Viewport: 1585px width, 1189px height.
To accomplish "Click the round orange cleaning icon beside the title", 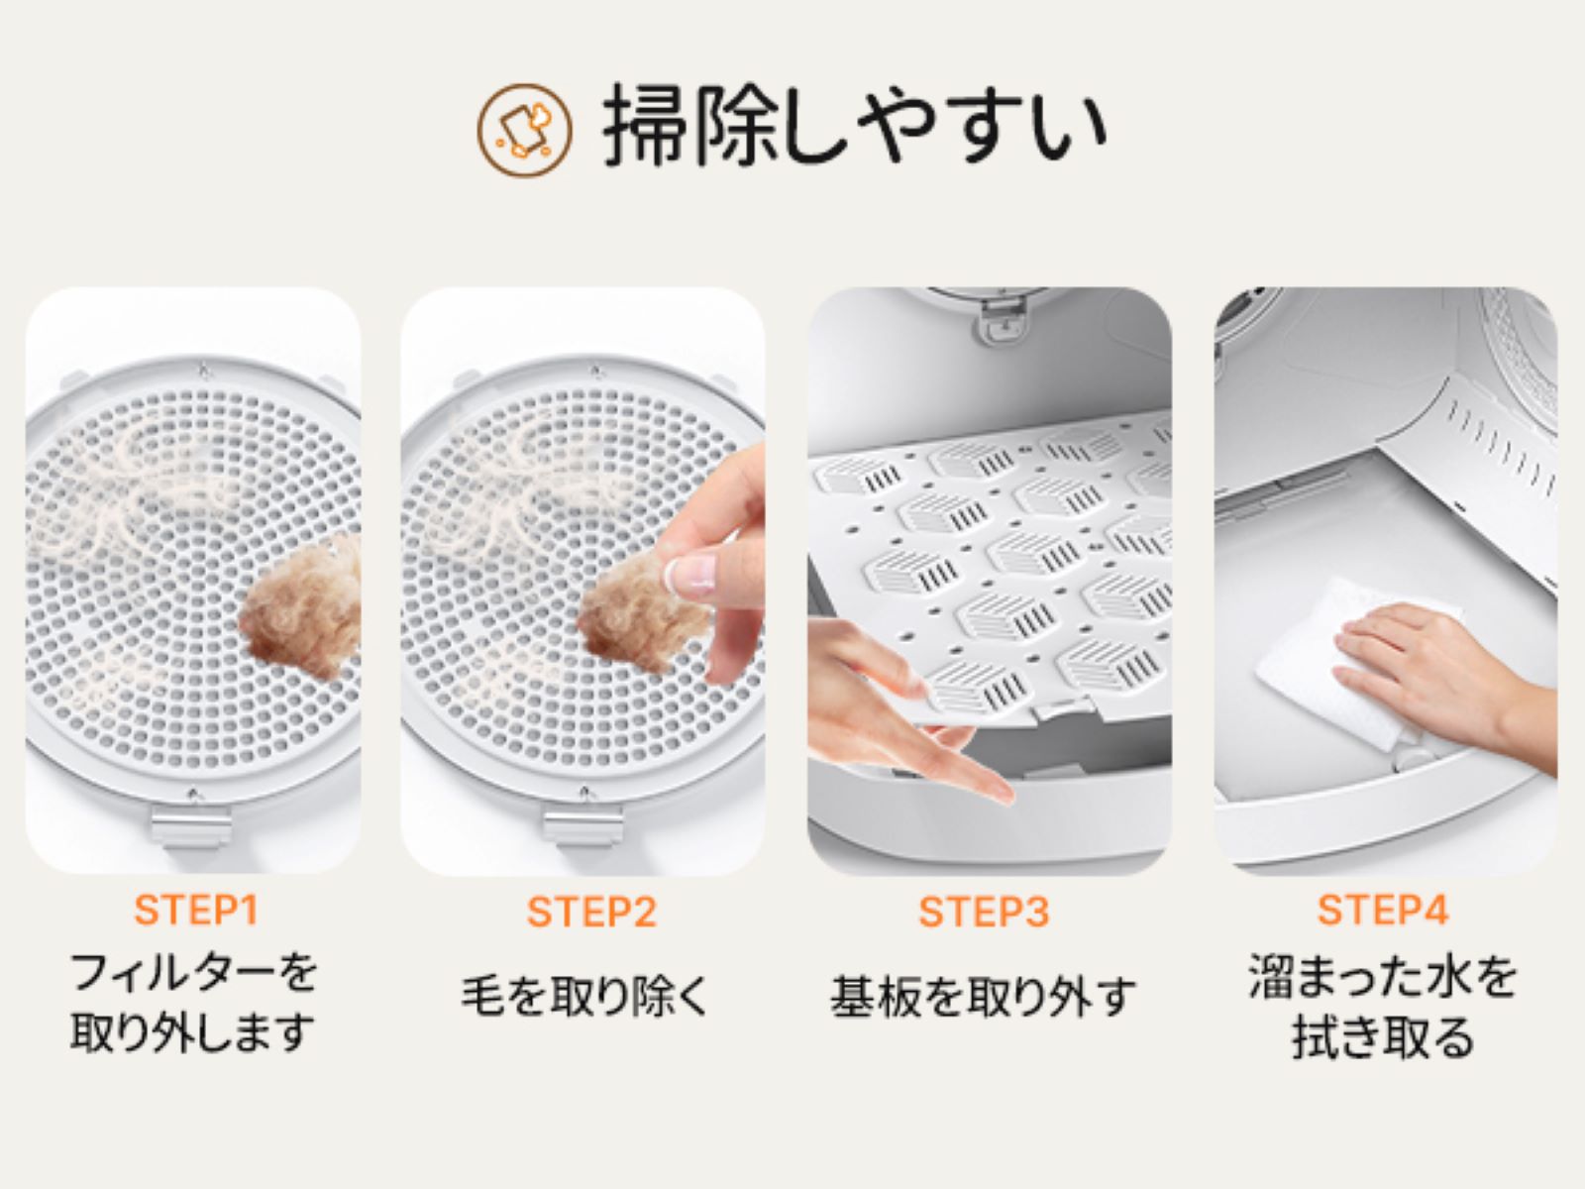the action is pyautogui.click(x=524, y=130).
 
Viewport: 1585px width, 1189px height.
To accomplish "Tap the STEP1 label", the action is pyautogui.click(x=196, y=910).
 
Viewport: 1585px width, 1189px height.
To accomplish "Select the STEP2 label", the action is pyautogui.click(x=591, y=911).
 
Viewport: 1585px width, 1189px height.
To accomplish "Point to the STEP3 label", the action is pyautogui.click(x=984, y=911).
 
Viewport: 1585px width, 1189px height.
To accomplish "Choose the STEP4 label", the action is pyautogui.click(x=1383, y=910).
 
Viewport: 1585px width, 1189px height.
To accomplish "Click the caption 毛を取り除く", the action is pyautogui.click(x=584, y=997).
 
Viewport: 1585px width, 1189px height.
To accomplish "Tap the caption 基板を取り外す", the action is pyautogui.click(x=983, y=997).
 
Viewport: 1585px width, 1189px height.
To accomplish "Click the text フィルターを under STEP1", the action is pyautogui.click(x=193, y=972).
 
